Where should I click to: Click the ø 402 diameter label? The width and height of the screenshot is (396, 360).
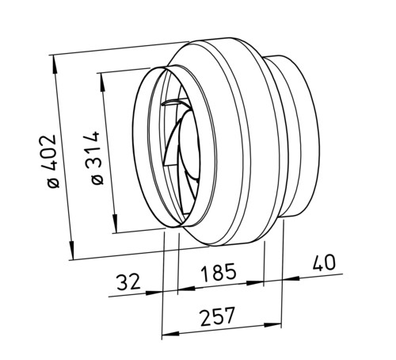tap(52, 161)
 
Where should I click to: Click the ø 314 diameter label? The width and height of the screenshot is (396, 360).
tap(95, 158)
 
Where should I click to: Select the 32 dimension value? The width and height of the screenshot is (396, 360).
tap(128, 281)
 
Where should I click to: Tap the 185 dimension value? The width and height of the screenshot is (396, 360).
tap(218, 272)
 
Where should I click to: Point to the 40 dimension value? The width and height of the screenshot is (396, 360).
tap(324, 262)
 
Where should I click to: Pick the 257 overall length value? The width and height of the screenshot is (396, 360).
tap(217, 316)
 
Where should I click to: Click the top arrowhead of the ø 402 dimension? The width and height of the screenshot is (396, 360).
tap(55, 64)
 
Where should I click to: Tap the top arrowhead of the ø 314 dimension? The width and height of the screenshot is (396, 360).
tap(102, 82)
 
